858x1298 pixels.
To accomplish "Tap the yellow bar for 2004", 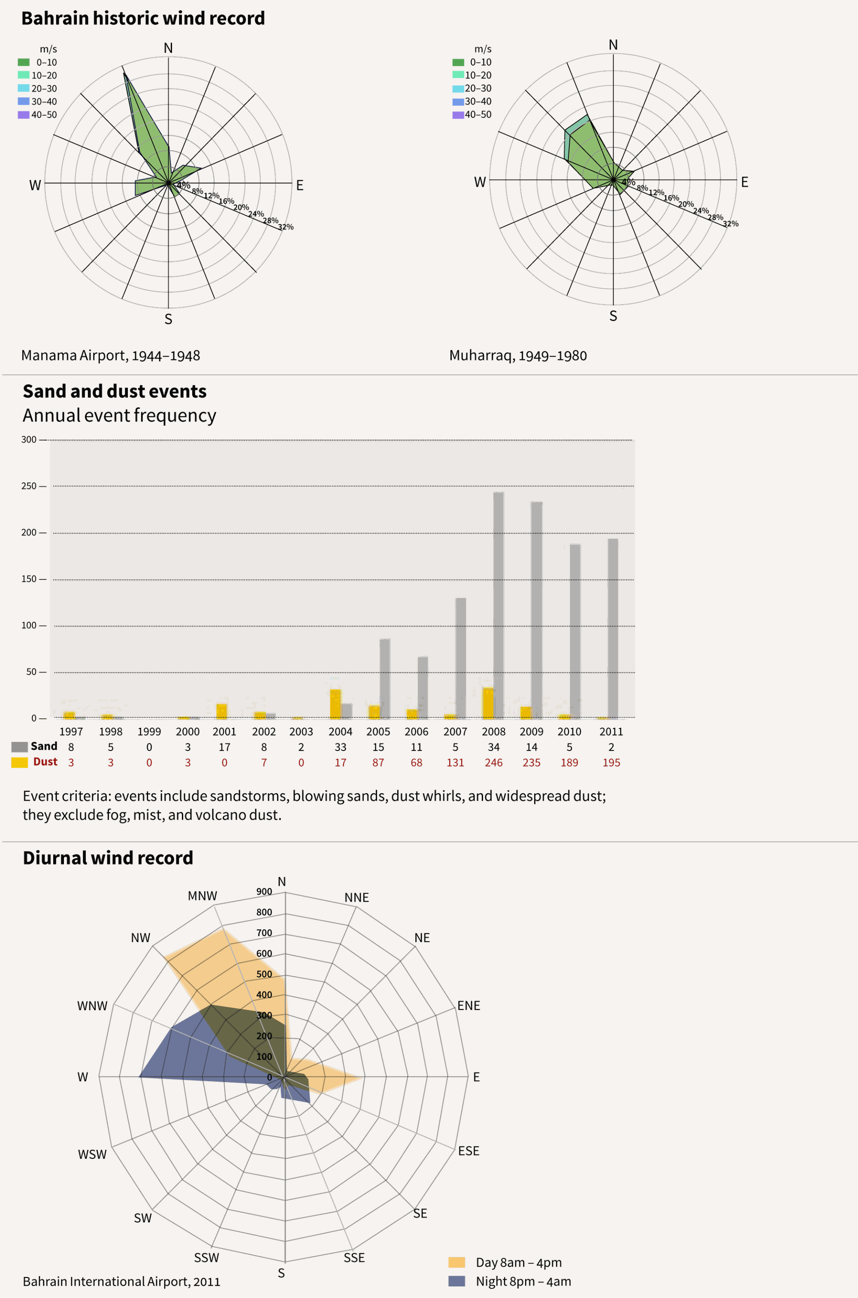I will [x=335, y=704].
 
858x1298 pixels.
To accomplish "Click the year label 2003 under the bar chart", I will [x=301, y=732].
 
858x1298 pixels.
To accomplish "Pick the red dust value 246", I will [x=494, y=763].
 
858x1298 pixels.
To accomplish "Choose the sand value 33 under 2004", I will [x=340, y=747].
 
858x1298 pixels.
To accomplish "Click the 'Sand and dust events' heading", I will [x=115, y=392].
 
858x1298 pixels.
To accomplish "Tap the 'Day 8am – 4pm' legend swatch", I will [x=456, y=1262].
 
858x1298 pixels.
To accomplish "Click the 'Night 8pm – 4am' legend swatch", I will [x=456, y=1281].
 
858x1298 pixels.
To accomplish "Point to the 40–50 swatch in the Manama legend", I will [x=24, y=115].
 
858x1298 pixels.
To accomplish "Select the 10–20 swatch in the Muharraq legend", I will [x=458, y=75].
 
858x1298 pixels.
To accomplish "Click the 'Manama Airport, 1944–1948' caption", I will [x=111, y=356].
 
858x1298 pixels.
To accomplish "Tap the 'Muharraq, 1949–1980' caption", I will [x=518, y=356].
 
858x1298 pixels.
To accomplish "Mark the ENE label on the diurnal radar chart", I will [x=468, y=1006].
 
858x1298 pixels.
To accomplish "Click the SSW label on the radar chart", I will [x=206, y=1258].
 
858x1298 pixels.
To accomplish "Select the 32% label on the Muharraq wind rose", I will [x=731, y=224].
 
